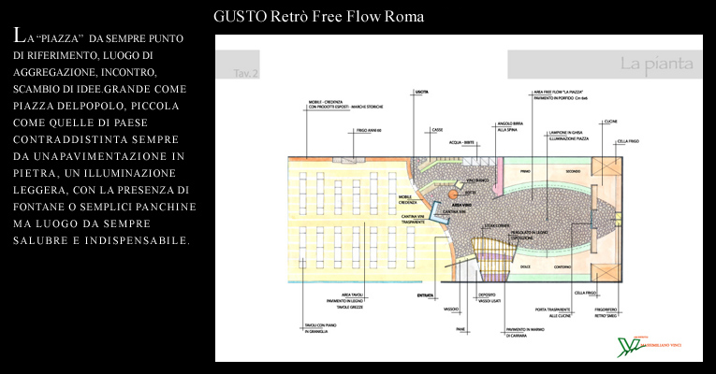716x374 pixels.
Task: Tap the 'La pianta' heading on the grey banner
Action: click(655, 64)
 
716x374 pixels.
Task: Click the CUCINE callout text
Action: click(609, 122)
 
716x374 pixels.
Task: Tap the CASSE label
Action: click(437, 130)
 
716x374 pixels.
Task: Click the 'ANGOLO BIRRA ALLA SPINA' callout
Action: click(510, 126)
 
